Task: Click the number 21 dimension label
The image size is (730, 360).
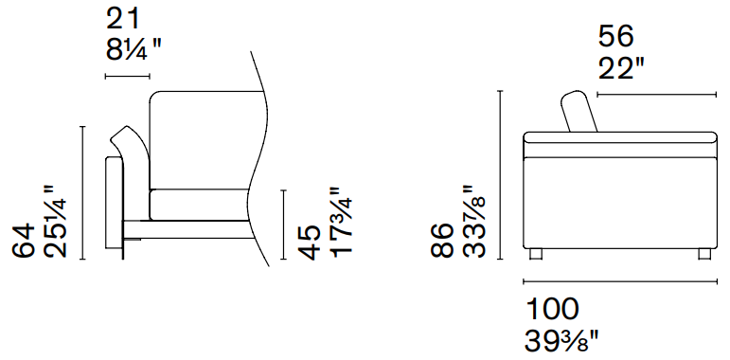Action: click(x=122, y=19)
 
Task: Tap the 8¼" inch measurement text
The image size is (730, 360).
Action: click(x=134, y=50)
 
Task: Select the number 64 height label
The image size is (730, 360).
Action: click(x=24, y=241)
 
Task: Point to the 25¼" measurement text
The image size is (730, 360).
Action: click(x=56, y=222)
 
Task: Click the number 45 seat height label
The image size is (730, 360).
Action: click(x=310, y=243)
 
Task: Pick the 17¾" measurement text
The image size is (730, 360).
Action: click(x=341, y=223)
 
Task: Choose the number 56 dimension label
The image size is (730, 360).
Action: click(x=615, y=36)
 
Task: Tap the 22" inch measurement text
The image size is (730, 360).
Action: click(x=621, y=68)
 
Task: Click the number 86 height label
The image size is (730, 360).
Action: click(x=441, y=241)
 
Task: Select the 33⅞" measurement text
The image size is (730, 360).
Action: click(x=474, y=222)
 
